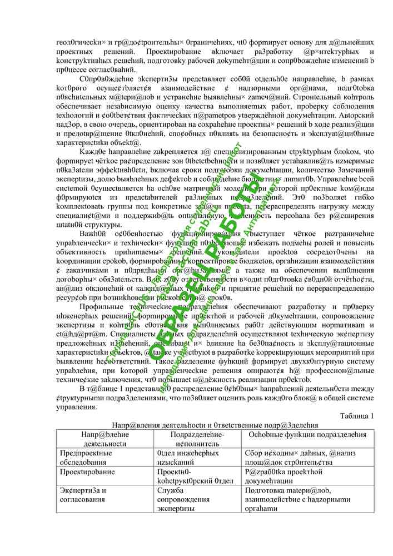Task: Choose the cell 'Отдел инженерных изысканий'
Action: click(189, 458)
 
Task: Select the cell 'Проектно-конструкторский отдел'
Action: click(192, 476)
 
